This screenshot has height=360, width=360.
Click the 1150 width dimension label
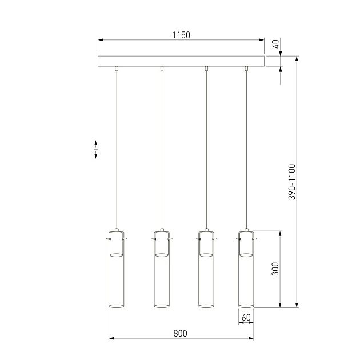[x=181, y=35]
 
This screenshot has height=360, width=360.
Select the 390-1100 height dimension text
[x=291, y=182]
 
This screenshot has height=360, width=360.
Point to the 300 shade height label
[x=275, y=269]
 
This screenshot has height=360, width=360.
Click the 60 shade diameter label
[x=246, y=317]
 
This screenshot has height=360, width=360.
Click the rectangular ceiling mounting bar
[x=181, y=62]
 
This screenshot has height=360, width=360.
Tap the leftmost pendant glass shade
[x=116, y=274]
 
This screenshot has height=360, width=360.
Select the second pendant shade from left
[x=162, y=274]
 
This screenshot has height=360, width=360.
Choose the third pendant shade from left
[x=206, y=274]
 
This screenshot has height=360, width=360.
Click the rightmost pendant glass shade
[x=246, y=274]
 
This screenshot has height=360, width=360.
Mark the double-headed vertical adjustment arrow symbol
[x=96, y=150]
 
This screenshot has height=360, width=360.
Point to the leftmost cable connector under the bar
[x=116, y=69]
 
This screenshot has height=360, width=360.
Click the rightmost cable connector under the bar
[x=246, y=69]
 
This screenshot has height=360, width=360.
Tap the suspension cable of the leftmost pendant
[x=116, y=149]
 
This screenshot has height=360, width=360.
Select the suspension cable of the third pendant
[x=206, y=149]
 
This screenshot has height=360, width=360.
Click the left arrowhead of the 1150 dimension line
[x=101, y=41]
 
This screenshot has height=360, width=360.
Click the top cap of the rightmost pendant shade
[x=246, y=233]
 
